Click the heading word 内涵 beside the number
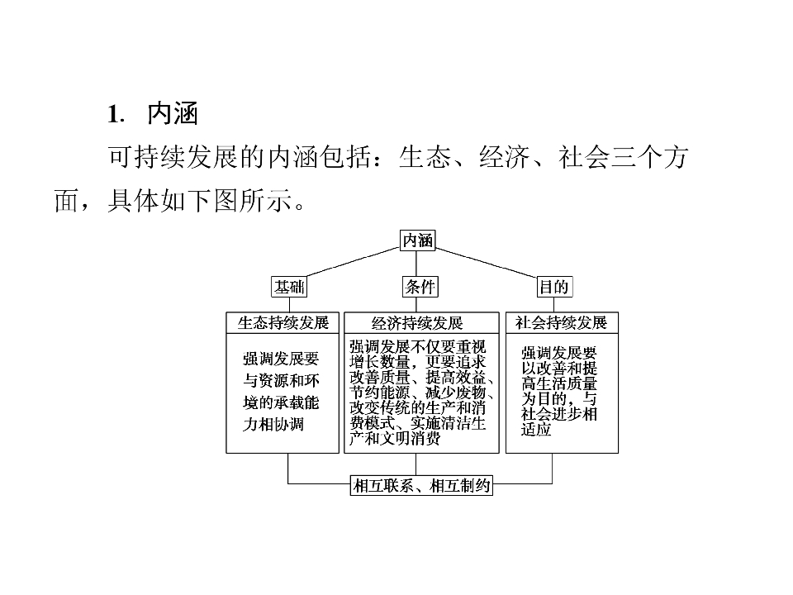point(173,113)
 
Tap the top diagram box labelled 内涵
point(417,240)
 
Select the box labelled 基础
point(289,287)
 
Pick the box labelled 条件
point(420,287)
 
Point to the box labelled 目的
point(553,287)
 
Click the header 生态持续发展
point(283,323)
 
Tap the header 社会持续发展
point(562,323)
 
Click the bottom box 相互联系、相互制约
point(421,486)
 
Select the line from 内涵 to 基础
point(353,262)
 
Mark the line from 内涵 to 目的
point(486,262)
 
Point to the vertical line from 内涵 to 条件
point(416,264)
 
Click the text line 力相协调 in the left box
point(273,424)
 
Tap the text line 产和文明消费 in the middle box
point(395,438)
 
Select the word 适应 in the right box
point(536,430)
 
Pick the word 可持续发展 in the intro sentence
point(173,157)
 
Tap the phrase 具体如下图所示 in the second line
point(200,201)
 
